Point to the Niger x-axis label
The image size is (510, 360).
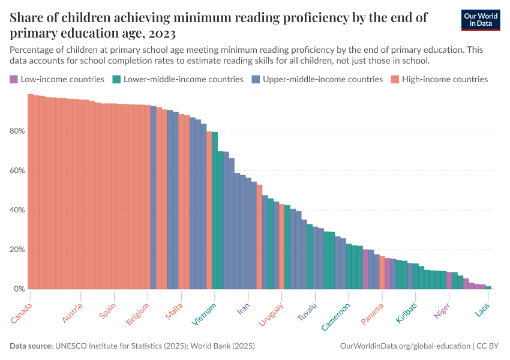point(443,311)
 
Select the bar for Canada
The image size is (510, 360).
point(31,192)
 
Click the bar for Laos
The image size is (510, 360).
point(488,287)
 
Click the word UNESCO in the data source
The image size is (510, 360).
point(72,346)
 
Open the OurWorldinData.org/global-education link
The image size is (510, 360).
point(405,346)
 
